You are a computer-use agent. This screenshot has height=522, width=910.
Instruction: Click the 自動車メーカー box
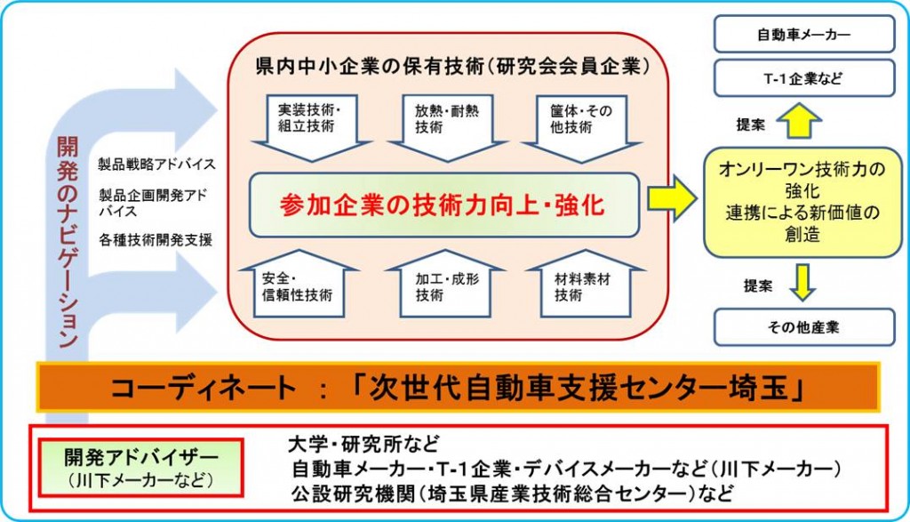(x=803, y=35)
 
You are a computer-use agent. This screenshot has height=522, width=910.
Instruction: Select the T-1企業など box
(x=803, y=78)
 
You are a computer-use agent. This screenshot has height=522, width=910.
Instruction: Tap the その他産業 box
(x=803, y=327)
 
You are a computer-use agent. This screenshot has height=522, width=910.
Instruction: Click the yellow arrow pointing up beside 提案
(x=799, y=120)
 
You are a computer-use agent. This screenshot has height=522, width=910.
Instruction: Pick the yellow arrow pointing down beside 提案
(x=802, y=282)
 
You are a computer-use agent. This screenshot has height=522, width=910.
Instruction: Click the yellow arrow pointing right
(x=672, y=198)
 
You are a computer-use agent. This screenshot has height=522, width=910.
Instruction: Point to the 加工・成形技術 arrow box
(x=445, y=284)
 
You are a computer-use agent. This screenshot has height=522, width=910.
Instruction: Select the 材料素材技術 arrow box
(x=585, y=284)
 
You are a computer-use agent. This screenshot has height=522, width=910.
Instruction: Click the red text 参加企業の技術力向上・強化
(x=443, y=205)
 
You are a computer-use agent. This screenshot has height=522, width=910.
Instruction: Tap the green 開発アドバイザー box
(x=140, y=468)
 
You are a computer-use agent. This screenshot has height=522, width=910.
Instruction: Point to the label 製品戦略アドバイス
(x=156, y=165)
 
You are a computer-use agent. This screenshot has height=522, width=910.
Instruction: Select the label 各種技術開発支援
(x=156, y=239)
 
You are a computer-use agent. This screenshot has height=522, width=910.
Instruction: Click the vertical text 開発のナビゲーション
(x=68, y=242)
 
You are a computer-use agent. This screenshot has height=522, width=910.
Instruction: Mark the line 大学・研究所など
(x=363, y=445)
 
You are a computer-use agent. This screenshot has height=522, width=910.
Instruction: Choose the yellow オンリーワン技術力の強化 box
(x=802, y=202)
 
